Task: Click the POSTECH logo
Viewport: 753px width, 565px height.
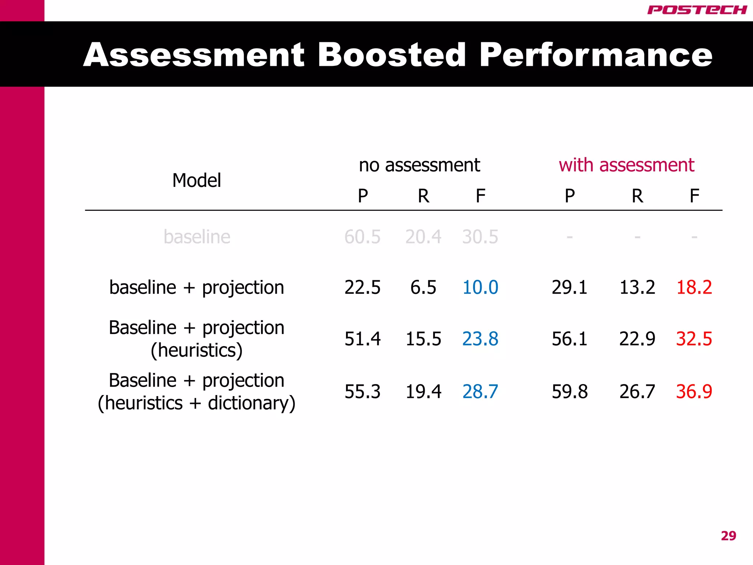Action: click(x=697, y=10)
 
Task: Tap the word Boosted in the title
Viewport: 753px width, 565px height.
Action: click(x=392, y=55)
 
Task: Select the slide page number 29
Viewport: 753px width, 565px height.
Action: click(x=728, y=536)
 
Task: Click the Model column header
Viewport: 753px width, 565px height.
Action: click(x=197, y=180)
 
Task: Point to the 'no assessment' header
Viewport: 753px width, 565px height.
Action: click(x=419, y=165)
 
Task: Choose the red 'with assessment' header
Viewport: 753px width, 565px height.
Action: click(x=626, y=165)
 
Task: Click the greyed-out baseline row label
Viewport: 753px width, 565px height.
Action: click(x=197, y=237)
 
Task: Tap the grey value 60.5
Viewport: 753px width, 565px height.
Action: click(x=362, y=237)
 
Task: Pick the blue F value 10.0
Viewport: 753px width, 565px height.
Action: click(x=480, y=287)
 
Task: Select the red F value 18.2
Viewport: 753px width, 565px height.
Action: click(x=694, y=287)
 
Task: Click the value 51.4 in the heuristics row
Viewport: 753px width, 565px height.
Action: click(x=362, y=339)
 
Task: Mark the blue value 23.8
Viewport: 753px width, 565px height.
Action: click(x=480, y=339)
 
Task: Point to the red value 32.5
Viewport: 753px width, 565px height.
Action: click(x=694, y=339)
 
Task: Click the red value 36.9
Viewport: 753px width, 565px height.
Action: click(x=694, y=391)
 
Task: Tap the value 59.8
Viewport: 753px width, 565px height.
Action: click(x=570, y=391)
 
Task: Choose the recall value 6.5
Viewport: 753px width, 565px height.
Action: click(x=423, y=287)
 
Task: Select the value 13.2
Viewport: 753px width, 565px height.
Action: click(x=637, y=287)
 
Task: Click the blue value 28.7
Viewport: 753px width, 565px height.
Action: click(x=480, y=391)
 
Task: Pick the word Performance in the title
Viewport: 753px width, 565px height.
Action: click(x=596, y=55)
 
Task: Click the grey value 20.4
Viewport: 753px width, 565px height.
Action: click(x=423, y=237)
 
